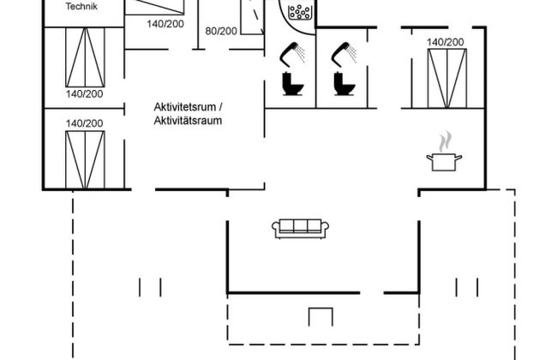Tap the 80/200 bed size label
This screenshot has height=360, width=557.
(x=222, y=31)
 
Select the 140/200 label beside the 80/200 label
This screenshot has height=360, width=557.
(x=165, y=24)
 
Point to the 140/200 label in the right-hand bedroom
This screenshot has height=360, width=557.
(x=446, y=42)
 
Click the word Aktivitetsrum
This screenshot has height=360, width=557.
(x=188, y=107)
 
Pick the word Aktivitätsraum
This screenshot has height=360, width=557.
(x=188, y=122)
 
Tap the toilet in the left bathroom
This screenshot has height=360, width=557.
(x=290, y=85)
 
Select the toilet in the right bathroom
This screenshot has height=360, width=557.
(x=344, y=85)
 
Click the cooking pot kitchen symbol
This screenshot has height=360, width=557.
(x=445, y=162)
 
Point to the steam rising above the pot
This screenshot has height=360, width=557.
(x=444, y=140)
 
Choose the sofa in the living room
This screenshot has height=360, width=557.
(x=302, y=228)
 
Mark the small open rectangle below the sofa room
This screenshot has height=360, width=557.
(x=320, y=316)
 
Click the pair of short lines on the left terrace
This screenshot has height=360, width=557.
(x=149, y=286)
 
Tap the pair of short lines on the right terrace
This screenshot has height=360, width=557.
(x=469, y=286)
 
